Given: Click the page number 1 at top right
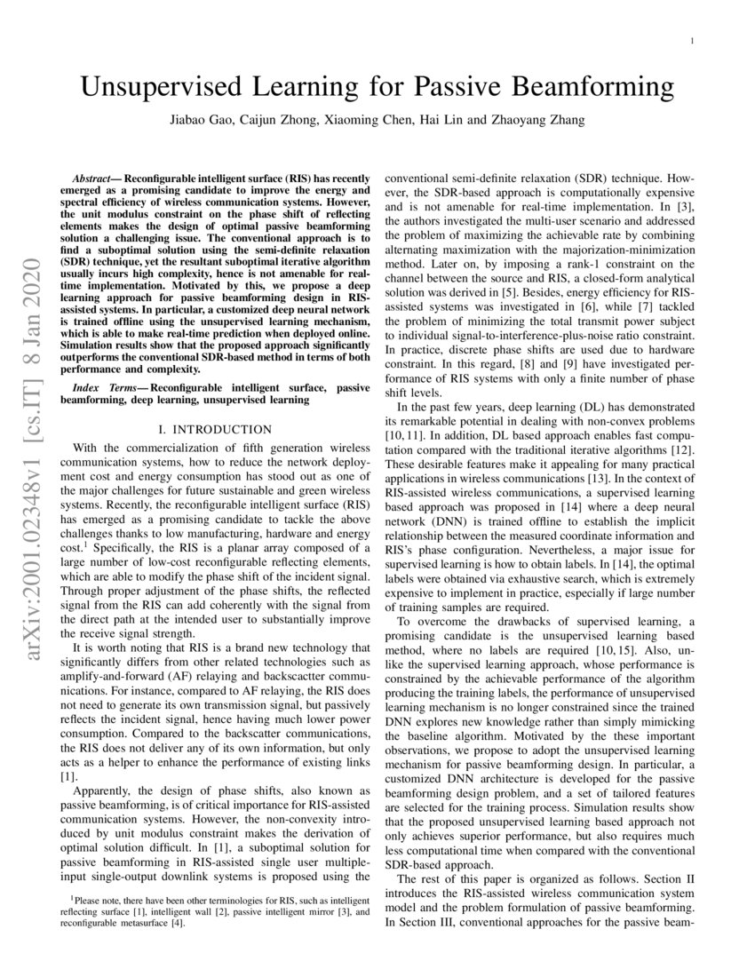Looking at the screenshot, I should [692, 41].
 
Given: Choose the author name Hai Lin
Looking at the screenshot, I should [437, 120].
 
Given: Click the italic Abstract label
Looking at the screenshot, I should [97, 179].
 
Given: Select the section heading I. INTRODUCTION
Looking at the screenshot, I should [215, 429].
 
